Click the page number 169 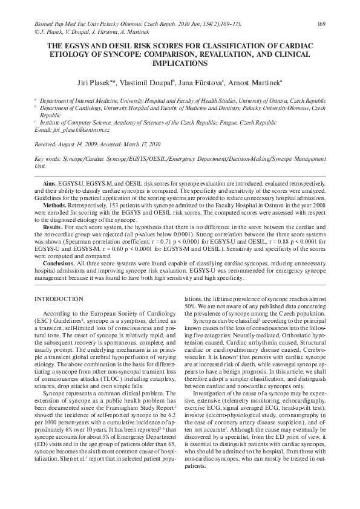pyautogui.click(x=321, y=24)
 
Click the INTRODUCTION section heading pyautogui.click(x=59, y=299)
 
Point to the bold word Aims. pyautogui.click(x=51, y=182)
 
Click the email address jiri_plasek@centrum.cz pyautogui.click(x=80, y=130)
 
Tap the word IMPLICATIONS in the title pyautogui.click(x=180, y=62)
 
